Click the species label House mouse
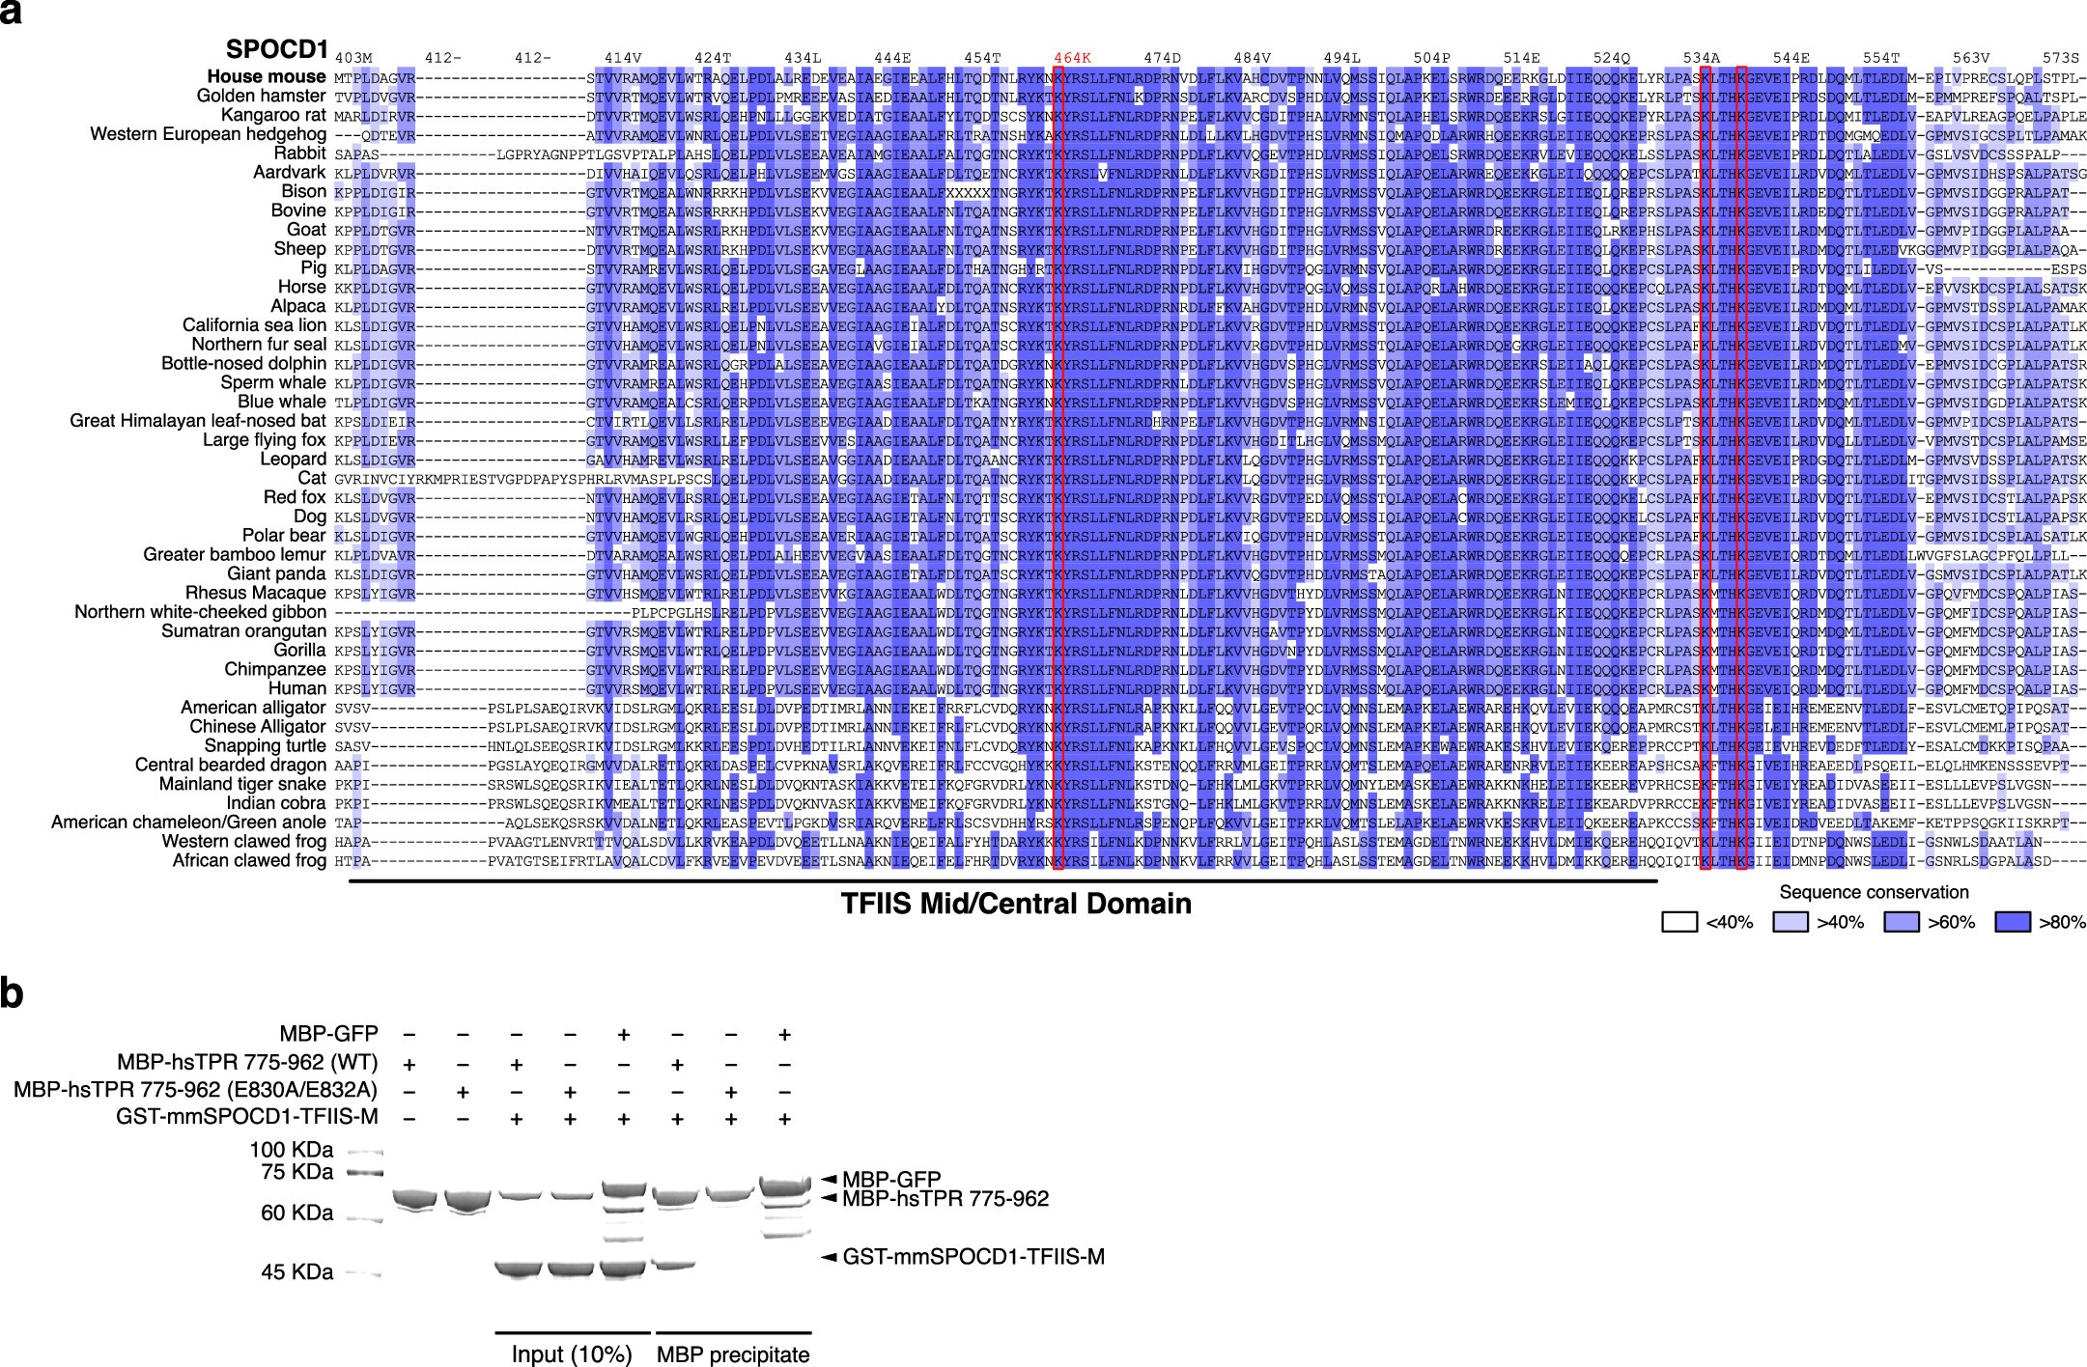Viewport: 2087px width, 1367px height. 266,77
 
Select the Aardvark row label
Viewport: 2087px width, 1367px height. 289,173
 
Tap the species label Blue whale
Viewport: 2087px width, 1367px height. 281,402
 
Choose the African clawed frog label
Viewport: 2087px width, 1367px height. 249,860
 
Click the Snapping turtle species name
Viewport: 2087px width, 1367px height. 265,746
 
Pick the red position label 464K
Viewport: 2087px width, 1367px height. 1072,58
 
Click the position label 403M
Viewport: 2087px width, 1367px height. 353,58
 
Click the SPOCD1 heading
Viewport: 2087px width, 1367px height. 276,49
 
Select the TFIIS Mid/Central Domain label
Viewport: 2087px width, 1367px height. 1015,905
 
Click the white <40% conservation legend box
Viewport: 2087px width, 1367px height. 1679,922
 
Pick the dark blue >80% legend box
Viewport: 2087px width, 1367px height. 2013,922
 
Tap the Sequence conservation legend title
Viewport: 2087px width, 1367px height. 1874,892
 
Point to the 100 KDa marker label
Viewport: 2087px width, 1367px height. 293,1150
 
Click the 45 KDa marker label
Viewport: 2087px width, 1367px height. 297,1272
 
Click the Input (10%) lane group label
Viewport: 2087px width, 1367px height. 572,1353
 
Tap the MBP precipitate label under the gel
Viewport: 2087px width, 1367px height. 733,1353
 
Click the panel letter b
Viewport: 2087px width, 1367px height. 13,994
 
